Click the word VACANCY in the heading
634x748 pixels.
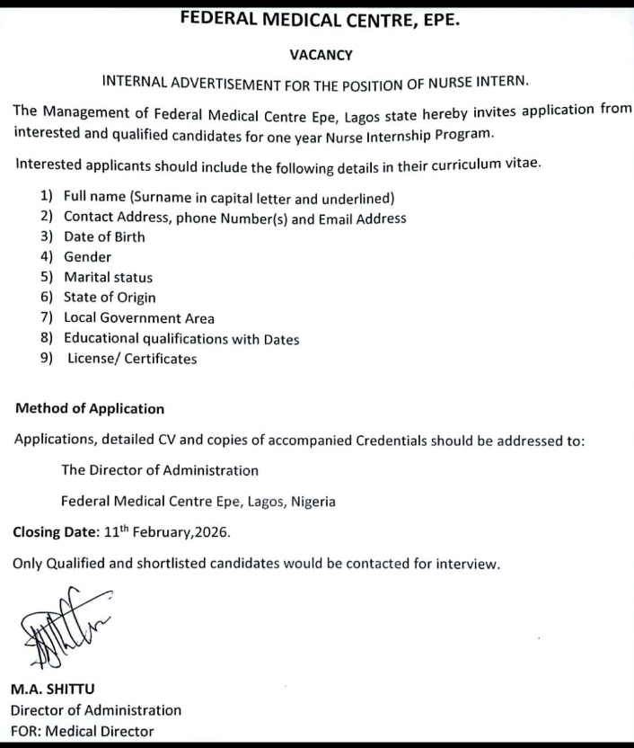coord(321,54)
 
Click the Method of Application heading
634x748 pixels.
coord(90,408)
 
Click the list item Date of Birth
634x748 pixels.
coord(104,237)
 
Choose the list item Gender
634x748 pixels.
coord(88,257)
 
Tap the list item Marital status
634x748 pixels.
coord(109,278)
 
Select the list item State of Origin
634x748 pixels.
coord(110,298)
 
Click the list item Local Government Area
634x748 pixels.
coord(139,318)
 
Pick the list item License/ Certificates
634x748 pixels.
coord(132,359)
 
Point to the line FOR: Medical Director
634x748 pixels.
coord(82,731)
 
